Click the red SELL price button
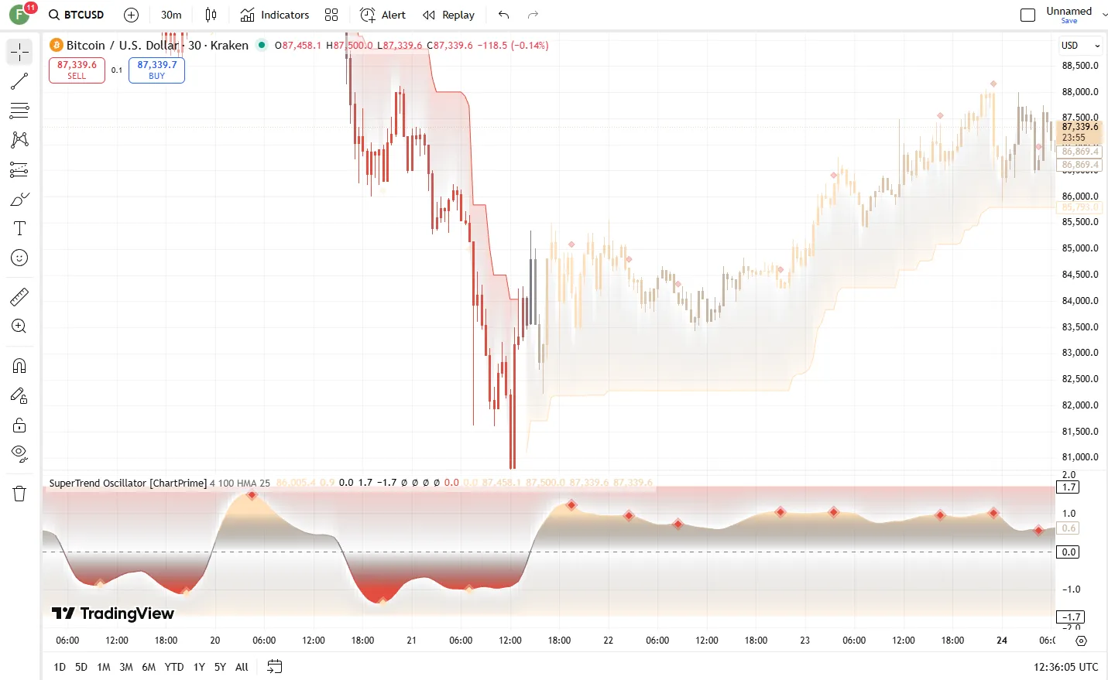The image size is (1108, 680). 77,70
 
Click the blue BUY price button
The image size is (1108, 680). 156,70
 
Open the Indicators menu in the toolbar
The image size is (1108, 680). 275,15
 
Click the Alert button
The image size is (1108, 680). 383,15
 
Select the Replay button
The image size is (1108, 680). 448,15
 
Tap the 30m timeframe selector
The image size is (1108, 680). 171,15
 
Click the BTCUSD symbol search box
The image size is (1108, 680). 76,15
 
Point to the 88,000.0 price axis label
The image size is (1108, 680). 1079,92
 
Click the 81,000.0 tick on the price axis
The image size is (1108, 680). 1079,457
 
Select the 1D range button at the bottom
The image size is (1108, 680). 60,667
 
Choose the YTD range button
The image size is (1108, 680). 174,667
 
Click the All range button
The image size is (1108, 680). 242,667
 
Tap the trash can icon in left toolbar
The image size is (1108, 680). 19,494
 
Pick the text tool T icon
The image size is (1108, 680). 19,228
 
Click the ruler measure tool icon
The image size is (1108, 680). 19,296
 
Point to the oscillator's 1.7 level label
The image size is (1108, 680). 1069,487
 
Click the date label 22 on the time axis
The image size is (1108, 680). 608,641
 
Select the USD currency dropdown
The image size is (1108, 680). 1079,46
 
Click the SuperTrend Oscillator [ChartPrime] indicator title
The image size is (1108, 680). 128,484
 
